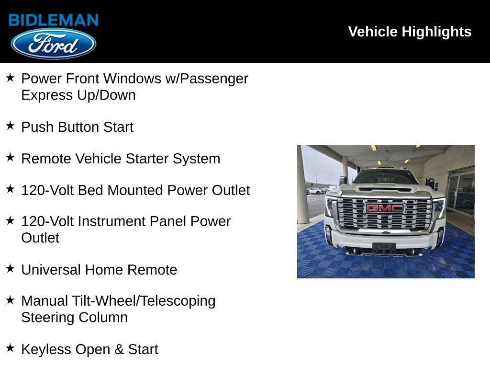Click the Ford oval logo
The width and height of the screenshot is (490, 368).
(x=54, y=44)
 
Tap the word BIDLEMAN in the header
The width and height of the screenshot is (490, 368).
(x=54, y=20)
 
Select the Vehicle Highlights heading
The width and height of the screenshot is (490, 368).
(x=410, y=32)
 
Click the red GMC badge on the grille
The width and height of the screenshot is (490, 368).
(x=385, y=208)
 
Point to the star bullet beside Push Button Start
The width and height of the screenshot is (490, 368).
(x=10, y=126)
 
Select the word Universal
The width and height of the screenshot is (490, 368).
(x=51, y=270)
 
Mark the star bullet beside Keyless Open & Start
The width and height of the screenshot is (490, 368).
(x=10, y=348)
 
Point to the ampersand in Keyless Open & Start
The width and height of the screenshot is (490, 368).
(x=119, y=349)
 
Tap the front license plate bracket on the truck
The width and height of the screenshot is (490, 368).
(x=384, y=248)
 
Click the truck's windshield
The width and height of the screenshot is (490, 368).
(x=385, y=177)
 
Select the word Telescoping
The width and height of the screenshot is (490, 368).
(x=178, y=301)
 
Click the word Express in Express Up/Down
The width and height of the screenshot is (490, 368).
(x=47, y=95)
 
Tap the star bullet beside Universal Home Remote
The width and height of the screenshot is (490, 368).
(x=10, y=269)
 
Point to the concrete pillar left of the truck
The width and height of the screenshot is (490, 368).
(x=302, y=192)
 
